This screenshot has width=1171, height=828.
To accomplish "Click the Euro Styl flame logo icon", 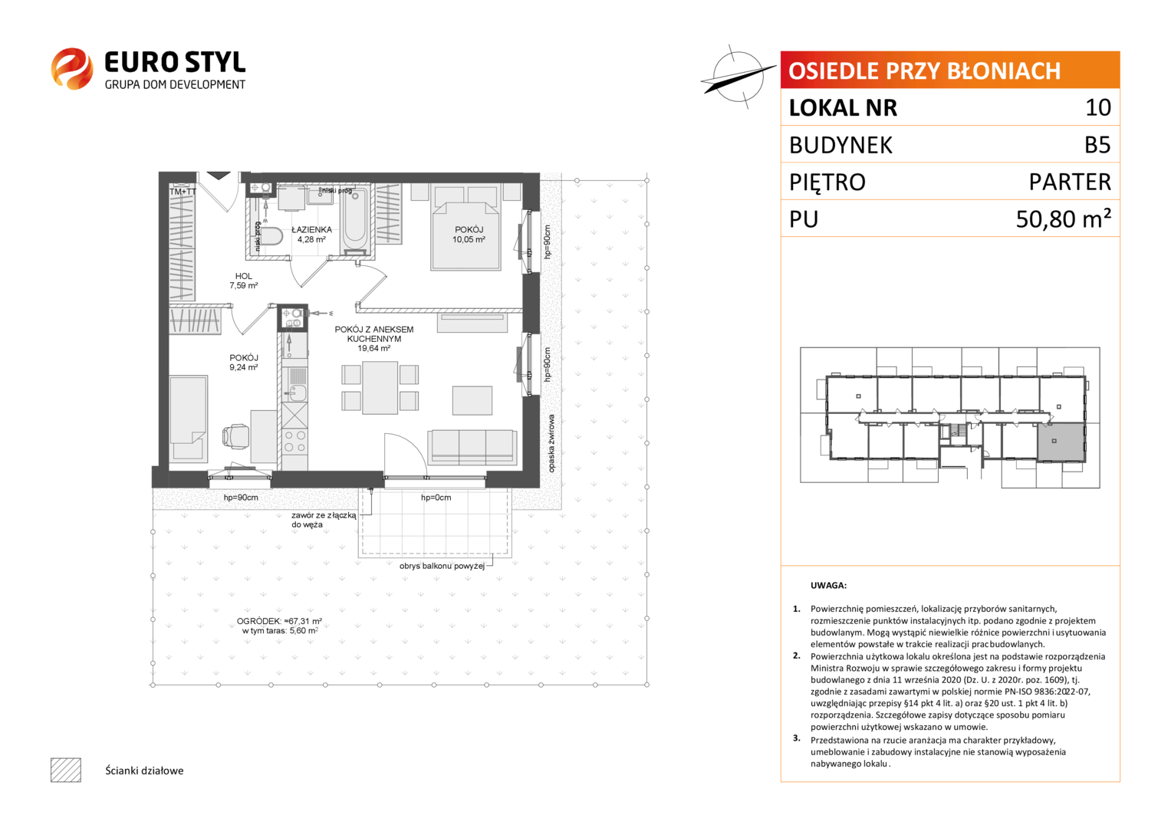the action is tap(72, 68).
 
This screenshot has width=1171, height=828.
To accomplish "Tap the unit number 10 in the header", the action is tap(1098, 107).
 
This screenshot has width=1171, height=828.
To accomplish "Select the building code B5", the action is tap(1097, 145).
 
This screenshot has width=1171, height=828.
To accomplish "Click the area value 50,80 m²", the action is tap(1063, 219).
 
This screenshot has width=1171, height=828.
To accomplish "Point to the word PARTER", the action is tap(1070, 182).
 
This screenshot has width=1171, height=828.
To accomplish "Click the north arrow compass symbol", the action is tap(738, 77).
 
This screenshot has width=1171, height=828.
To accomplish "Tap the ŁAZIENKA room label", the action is tap(311, 229).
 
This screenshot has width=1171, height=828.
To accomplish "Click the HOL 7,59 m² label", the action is tap(244, 281).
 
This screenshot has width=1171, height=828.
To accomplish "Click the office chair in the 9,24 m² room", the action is tap(235, 436).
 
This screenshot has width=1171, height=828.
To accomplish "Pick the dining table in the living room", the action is tap(380, 388).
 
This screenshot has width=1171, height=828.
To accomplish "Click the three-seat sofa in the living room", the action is tap(472, 448).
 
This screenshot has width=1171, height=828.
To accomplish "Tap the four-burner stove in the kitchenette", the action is tap(294, 441).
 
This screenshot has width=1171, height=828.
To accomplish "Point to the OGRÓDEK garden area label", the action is tap(279, 626).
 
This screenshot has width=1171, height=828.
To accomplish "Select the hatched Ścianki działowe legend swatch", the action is tap(66, 770).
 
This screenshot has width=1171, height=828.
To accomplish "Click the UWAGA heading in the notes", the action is tap(828, 586).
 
